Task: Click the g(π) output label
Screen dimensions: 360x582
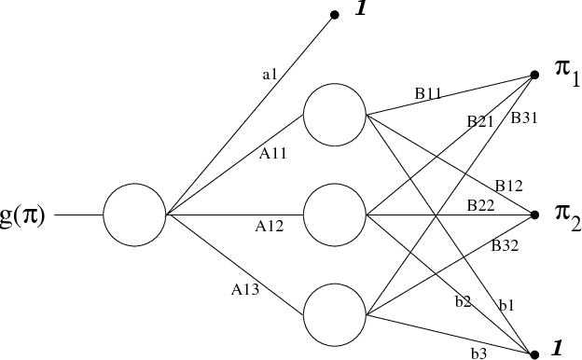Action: point(22,216)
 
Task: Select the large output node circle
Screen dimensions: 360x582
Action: point(133,215)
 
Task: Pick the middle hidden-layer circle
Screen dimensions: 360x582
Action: point(334,215)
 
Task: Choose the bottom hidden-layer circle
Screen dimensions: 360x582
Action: point(334,315)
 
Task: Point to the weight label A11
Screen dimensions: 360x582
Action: point(272,155)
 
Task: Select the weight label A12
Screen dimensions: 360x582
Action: point(270,225)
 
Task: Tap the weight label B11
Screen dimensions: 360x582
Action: point(429,93)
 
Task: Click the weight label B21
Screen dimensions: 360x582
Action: point(480,121)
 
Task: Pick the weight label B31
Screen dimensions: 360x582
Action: point(523,118)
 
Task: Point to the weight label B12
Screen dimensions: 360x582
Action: point(508,186)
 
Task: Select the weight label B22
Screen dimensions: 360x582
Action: point(480,205)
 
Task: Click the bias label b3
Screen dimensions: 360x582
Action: point(478,353)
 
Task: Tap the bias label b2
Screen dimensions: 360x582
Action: point(463,301)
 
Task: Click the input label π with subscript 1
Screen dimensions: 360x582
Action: point(562,74)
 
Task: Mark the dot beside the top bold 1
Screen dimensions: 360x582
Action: point(334,15)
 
